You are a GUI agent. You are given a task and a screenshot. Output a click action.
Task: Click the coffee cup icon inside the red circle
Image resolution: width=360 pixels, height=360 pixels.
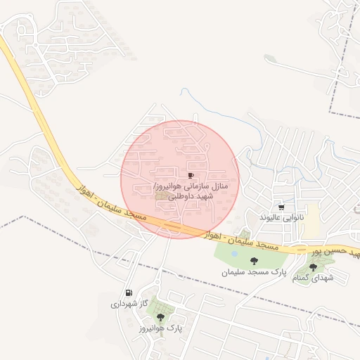coord(191,175)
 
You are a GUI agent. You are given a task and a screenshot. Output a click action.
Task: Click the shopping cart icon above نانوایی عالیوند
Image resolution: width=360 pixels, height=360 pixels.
coord(281,207)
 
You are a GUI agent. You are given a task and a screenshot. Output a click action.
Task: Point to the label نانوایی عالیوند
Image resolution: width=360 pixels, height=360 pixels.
coord(281,218)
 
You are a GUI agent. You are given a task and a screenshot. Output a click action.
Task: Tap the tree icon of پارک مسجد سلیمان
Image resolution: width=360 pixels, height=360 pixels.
coord(254,261)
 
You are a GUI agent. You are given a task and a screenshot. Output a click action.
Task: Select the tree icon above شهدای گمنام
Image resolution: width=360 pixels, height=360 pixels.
coord(312,267)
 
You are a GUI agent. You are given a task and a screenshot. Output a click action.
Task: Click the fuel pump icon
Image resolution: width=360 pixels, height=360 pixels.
coord(128,293)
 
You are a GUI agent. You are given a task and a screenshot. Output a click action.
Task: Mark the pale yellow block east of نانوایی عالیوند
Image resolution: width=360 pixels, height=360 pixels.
coord(311,221)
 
